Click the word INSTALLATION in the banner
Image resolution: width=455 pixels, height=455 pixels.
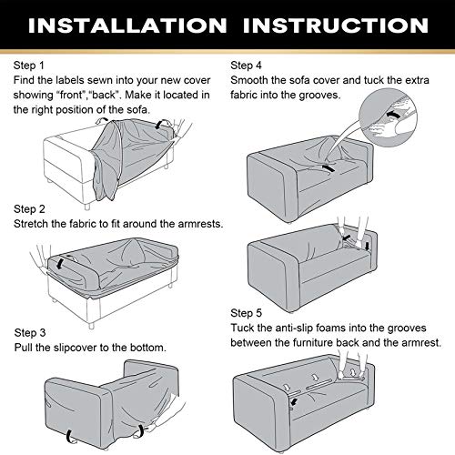click(127, 25)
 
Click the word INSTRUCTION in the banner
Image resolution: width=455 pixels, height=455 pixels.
click(336, 25)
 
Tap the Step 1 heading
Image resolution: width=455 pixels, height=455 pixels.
click(29, 66)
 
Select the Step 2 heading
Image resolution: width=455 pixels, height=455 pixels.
click(29, 209)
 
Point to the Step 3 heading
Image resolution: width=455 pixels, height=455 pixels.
click(30, 333)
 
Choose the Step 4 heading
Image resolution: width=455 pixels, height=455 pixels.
click(246, 66)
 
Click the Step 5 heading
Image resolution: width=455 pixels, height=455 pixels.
click(246, 313)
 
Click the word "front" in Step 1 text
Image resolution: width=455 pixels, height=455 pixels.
click(72, 95)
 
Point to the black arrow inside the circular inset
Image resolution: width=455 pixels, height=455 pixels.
click(394, 115)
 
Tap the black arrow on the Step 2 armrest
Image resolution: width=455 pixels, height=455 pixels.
click(62, 262)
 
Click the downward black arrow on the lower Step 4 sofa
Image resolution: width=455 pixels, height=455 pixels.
click(368, 246)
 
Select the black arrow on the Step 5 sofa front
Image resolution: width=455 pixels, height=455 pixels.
click(293, 402)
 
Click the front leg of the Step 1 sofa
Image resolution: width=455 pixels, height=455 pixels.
click(87, 207)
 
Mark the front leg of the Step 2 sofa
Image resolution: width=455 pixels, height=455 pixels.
click(91, 325)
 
